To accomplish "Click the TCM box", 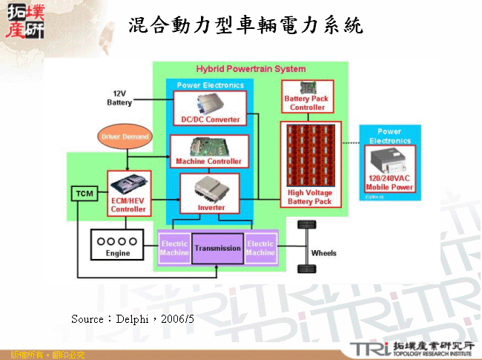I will tap(82, 194).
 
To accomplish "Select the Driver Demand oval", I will tap(125, 137).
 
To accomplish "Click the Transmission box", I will tap(217, 248).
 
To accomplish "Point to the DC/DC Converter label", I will tap(211, 119).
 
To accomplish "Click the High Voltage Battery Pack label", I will tap(309, 197).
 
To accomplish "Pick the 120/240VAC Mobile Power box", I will tap(389, 170).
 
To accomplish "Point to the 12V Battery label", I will tap(119, 98).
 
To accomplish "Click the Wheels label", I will tap(323, 253).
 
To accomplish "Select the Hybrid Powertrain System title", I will tap(251, 69).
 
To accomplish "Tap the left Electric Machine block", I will tap(174, 248).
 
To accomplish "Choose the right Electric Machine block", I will tap(260, 248).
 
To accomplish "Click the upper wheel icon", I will tap(303, 226).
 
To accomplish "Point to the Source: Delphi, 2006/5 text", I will tap(133, 318).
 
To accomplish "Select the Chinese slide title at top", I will tap(245, 26).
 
